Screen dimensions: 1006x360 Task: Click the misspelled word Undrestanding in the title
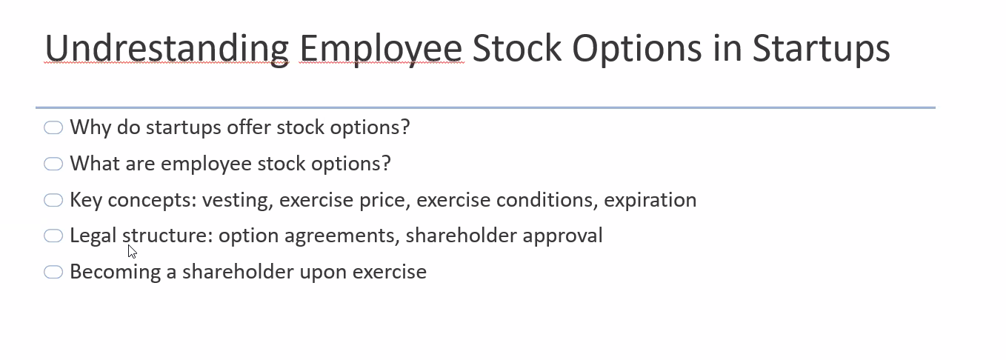click(167, 49)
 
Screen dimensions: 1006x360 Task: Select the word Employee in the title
click(381, 49)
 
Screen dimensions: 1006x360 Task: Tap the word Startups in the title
click(821, 49)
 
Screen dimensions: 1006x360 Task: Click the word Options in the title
click(637, 49)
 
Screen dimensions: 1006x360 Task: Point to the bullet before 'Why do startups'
click(53, 128)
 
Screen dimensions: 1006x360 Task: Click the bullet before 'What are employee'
click(53, 164)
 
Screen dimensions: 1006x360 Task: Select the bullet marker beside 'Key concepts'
click(53, 200)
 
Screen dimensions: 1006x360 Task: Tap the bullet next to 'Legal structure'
click(53, 236)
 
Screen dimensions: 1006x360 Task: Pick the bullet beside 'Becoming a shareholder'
click(53, 272)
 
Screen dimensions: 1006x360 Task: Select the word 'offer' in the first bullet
click(248, 127)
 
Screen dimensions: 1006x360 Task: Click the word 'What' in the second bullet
click(95, 164)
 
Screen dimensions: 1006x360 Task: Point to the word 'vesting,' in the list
click(238, 201)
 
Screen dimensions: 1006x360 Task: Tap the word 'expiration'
click(650, 201)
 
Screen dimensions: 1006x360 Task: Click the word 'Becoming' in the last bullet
click(116, 273)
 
